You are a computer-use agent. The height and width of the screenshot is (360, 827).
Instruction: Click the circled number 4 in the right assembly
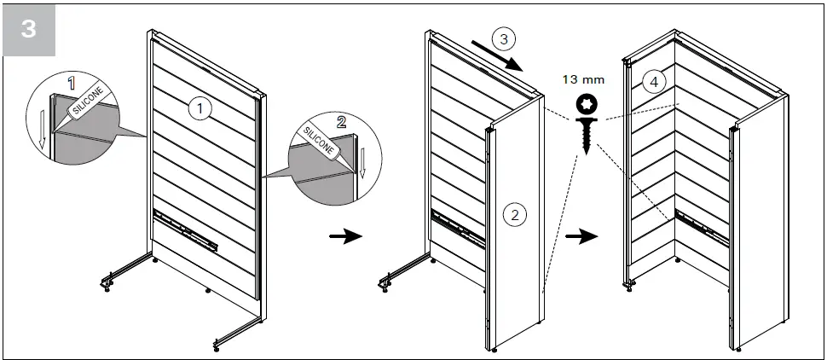click(653, 82)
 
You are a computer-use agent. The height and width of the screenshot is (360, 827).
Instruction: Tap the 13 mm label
click(583, 79)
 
